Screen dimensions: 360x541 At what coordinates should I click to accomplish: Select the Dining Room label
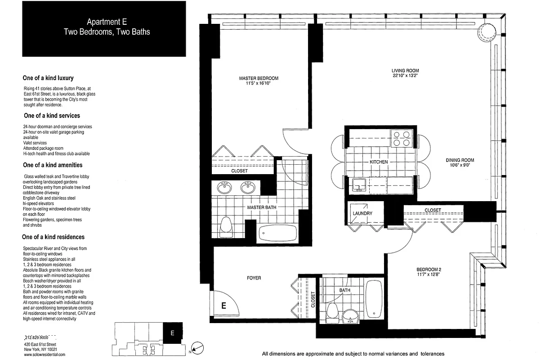[x=460, y=160]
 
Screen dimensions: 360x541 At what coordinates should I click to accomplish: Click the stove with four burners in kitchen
[x=401, y=138]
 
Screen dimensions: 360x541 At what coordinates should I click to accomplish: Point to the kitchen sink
[x=358, y=184]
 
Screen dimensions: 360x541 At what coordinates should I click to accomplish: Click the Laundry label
[x=362, y=213]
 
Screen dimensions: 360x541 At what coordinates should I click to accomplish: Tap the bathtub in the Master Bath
[x=278, y=233]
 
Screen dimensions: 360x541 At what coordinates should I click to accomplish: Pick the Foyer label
[x=254, y=278]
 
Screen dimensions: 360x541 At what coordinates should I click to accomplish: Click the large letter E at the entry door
[x=223, y=306]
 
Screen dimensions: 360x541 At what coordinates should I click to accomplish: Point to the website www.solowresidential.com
[x=45, y=354]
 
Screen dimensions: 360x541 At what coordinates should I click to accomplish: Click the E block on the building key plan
[x=172, y=333]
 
